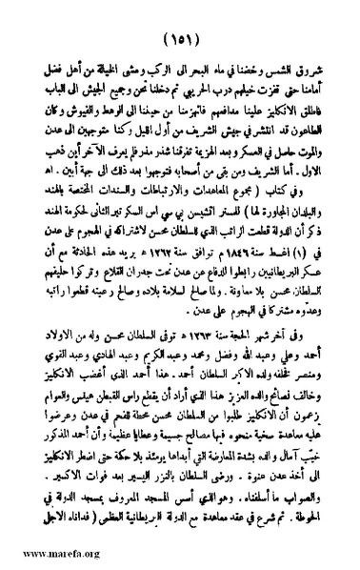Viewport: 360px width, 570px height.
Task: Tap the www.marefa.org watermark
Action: pos(43,555)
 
